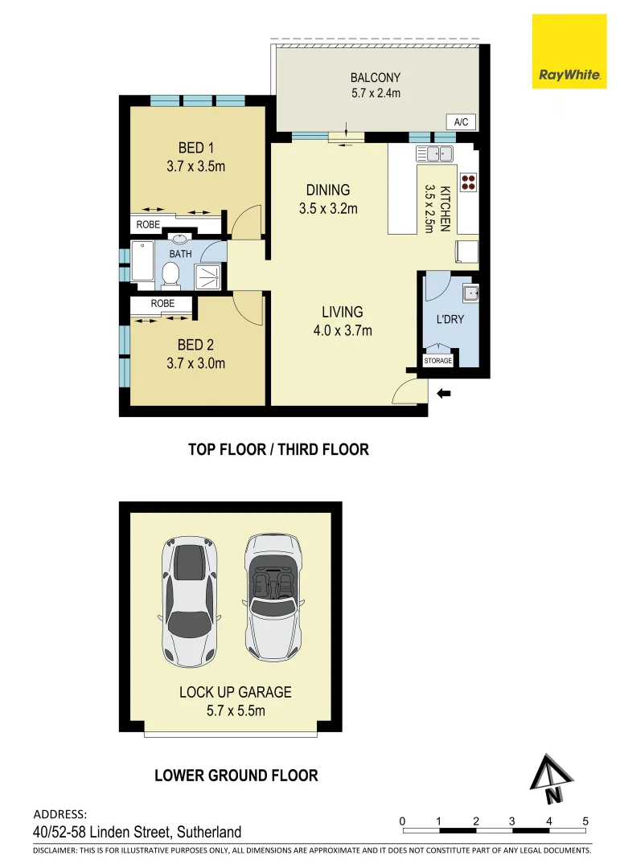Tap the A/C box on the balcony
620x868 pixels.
point(461,122)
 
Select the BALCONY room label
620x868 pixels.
point(375,78)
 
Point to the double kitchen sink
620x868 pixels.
point(434,153)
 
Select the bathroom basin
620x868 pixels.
point(179,239)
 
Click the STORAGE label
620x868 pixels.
point(438,361)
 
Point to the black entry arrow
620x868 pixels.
point(443,393)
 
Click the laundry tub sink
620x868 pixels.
point(470,293)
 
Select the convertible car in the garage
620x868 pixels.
point(272,596)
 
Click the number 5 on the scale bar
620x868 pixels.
point(585,821)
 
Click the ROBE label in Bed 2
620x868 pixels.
point(162,304)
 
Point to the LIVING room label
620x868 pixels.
point(343,312)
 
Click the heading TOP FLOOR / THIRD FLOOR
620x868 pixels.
point(278,449)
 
